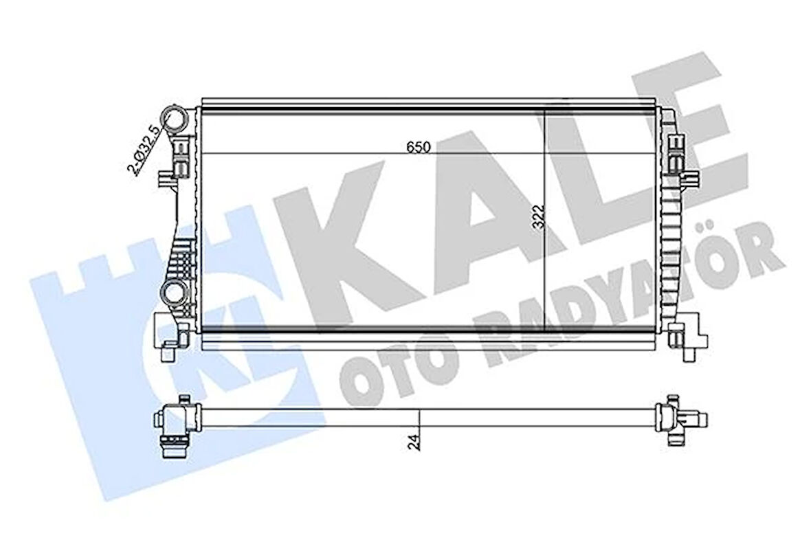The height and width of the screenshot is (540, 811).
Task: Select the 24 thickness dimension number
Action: [413, 440]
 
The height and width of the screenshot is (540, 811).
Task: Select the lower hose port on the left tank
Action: [175, 295]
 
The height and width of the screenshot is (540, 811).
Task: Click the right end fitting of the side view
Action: [676, 420]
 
